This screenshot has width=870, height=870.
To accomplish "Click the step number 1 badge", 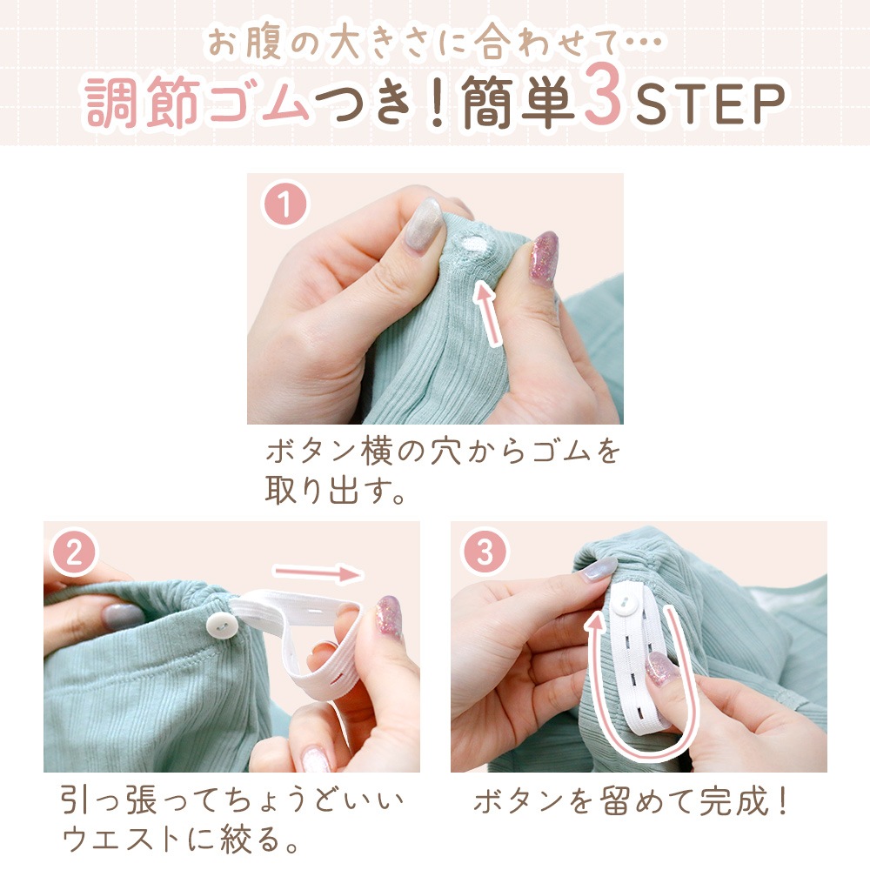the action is click(x=284, y=204).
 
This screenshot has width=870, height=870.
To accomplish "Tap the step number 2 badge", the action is click(x=74, y=552).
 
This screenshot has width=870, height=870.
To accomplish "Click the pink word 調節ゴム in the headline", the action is click(x=197, y=102).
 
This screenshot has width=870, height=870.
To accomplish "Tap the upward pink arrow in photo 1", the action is click(x=488, y=312).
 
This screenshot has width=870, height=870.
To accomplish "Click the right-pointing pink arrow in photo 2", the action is click(x=318, y=573).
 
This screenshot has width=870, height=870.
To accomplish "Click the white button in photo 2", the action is click(x=222, y=626).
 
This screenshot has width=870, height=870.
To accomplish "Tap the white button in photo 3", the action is click(x=626, y=604).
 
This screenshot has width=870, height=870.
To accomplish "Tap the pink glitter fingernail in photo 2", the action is click(x=388, y=617).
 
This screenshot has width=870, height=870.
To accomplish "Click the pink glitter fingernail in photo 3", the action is click(x=662, y=667).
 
